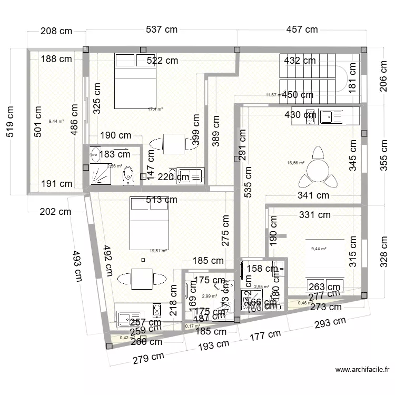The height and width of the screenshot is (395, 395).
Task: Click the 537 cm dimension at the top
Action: click(162, 29)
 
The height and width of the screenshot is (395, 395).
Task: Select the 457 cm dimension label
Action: click(302, 29)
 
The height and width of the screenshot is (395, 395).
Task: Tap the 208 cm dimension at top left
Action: click(56, 31)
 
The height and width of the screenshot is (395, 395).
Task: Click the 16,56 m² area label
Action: click(296, 163)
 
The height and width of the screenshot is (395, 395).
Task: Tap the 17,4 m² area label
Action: click(155, 109)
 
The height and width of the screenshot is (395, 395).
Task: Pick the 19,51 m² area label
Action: click(158, 251)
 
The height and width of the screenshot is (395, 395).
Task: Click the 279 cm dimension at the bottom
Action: click(148, 359)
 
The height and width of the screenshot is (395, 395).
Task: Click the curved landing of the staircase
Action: click(351, 78)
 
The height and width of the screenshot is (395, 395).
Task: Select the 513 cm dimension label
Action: click(162, 200)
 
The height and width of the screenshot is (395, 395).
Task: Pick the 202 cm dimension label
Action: click(56, 212)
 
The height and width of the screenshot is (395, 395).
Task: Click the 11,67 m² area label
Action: click(273, 95)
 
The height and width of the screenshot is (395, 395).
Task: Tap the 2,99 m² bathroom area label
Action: click(209, 296)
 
